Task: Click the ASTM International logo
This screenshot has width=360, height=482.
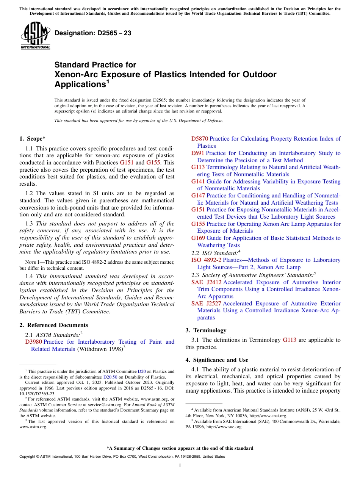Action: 35,36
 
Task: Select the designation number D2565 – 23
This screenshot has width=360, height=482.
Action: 93,33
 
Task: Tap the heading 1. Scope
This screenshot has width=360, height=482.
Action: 33,139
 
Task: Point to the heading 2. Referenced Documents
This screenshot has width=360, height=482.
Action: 54,325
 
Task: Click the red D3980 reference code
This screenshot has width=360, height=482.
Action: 33,342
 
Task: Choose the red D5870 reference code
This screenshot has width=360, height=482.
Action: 199,139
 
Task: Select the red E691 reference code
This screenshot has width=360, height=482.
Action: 197,153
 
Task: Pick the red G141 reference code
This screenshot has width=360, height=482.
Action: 198,182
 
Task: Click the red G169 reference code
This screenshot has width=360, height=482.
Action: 198,238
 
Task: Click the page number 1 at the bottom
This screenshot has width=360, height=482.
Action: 180,466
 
